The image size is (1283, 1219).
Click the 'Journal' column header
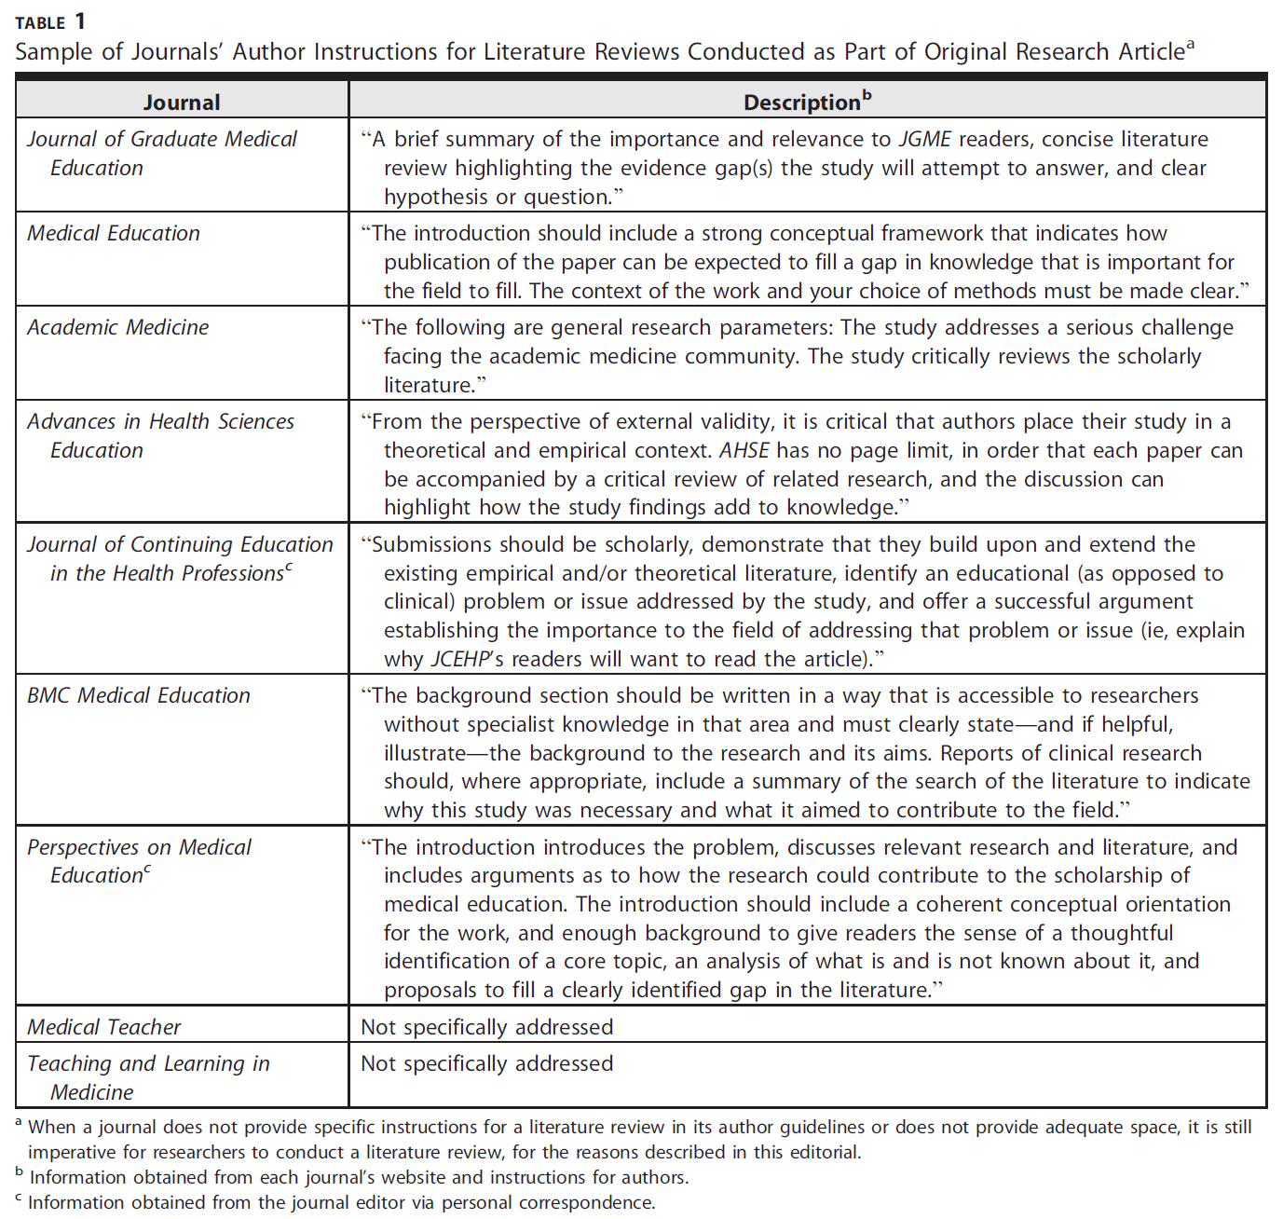(182, 103)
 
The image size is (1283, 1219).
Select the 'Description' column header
(802, 103)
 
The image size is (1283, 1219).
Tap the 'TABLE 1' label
(50, 21)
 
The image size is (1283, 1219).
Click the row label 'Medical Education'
(114, 233)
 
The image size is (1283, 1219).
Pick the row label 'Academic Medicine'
(118, 327)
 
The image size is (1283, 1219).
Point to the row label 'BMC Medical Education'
(139, 695)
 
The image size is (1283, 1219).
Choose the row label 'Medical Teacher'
(104, 1027)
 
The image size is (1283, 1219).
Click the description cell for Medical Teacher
(487, 1027)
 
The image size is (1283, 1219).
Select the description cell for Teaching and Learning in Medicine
(487, 1063)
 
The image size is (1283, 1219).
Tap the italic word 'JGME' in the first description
(924, 140)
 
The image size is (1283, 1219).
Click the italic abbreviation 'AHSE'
(744, 451)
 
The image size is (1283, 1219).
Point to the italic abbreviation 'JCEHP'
(460, 660)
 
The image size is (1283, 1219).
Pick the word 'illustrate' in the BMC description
(425, 753)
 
